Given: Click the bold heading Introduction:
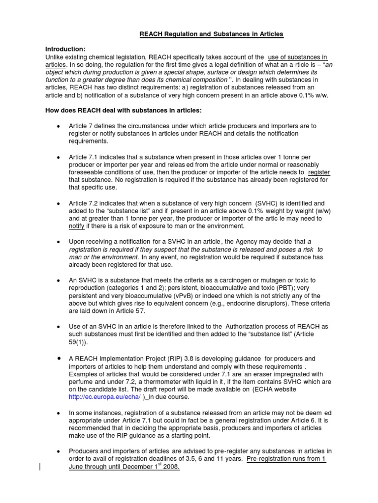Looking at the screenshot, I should (x=65, y=49).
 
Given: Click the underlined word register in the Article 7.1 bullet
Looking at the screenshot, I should (x=319, y=172).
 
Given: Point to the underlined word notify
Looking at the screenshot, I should (x=77, y=226).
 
